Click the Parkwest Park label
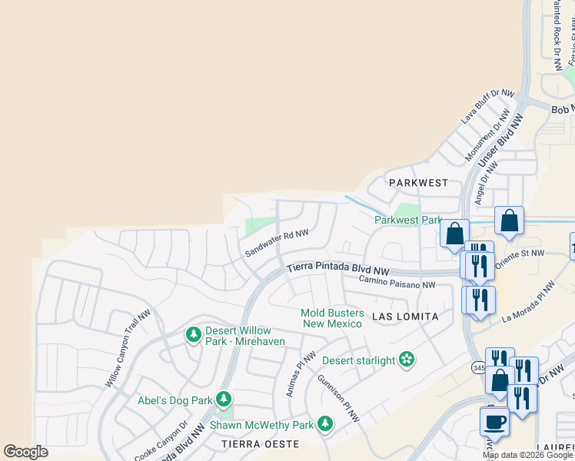408,220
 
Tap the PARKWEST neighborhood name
418,183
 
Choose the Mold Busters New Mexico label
331,317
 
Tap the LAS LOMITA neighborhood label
405,317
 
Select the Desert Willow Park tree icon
193,335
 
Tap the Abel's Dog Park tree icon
224,399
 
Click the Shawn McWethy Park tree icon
325,424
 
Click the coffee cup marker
494,421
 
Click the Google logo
25,452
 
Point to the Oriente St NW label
521,251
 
